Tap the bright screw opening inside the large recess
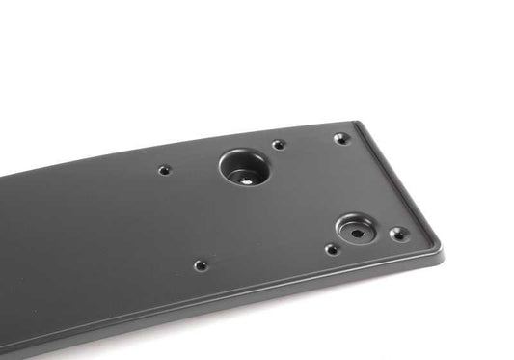pos(243,178)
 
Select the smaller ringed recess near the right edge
pos(355,229)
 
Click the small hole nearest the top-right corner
pos(340,138)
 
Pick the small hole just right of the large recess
pos(278,145)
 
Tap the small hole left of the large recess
pos(164,170)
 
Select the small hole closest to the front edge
pos(200,264)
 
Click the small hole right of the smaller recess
pos(396,234)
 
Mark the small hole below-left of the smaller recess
pos(331,249)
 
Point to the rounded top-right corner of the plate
pos(359,124)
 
